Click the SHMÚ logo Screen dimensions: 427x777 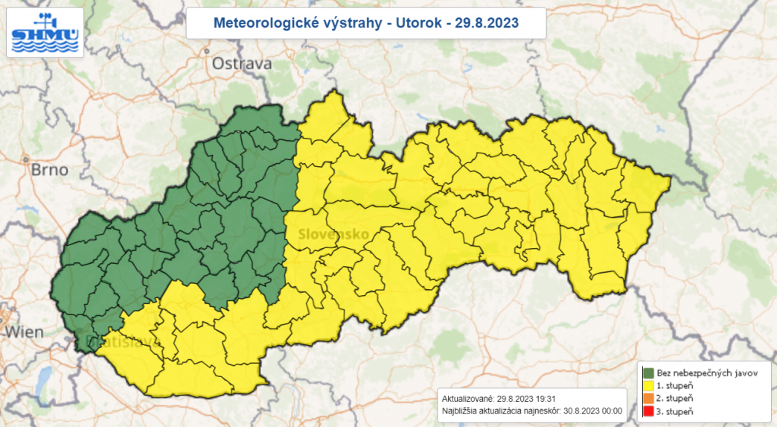click(45, 32)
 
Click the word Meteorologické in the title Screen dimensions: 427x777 click(255, 23)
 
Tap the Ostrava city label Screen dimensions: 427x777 click(242, 64)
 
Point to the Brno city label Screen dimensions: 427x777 click(49, 170)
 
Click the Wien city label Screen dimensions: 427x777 click(24, 332)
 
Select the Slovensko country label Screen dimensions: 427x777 click(333, 234)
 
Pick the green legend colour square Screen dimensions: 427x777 click(648, 373)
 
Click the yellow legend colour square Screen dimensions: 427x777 click(648, 386)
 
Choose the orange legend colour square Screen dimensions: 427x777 click(648, 399)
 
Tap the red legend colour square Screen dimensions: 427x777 click(648, 412)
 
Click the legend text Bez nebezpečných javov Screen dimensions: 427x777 click(707, 373)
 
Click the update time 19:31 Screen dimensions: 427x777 click(547, 398)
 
